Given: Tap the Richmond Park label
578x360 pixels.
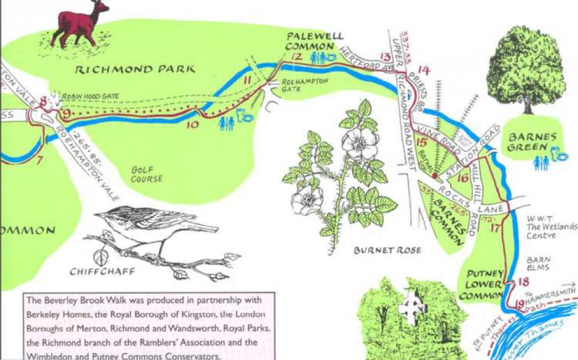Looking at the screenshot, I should coord(137,69).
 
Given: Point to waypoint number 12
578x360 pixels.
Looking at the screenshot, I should coord(297,56).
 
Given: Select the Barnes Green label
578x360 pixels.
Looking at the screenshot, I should coord(532,142).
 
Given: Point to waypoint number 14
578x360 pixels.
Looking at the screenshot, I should coord(424,70).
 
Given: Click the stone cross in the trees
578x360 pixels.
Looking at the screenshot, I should coord(412,304).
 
